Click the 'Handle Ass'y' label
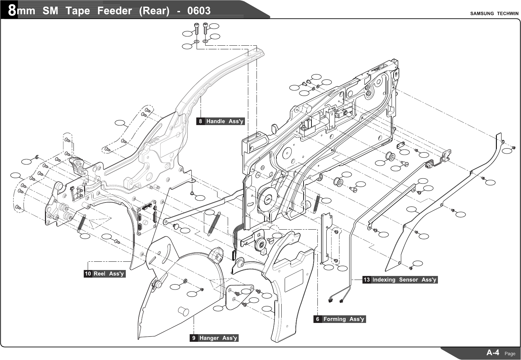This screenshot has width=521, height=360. (225, 121)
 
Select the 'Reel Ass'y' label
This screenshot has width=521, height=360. (109, 274)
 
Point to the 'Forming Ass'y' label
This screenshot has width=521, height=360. (344, 319)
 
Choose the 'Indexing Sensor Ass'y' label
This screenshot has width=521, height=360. (404, 280)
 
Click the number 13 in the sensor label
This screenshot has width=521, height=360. (366, 280)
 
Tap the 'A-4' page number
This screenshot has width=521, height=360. (493, 353)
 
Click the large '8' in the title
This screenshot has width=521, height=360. (12, 11)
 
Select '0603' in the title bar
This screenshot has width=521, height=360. (199, 11)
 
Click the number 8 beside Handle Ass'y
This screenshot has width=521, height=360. (201, 121)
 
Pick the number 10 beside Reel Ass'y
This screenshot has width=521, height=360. (88, 274)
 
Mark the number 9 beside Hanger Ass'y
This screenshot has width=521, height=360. (194, 338)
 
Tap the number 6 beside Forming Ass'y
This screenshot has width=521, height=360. (318, 319)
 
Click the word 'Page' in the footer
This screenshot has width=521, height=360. (510, 354)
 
